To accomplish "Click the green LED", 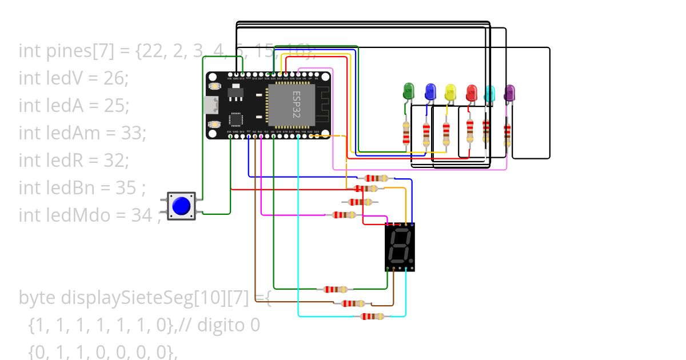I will point(408,91).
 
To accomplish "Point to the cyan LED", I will point(489,93).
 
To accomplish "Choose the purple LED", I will point(509,93).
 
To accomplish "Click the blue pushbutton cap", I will point(181,206).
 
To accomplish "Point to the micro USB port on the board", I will point(211,105).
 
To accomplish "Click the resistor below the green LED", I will point(406,133).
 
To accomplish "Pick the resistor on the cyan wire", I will point(372,316).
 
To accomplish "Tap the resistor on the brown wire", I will point(352,303).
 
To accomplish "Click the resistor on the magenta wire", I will point(344,215).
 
